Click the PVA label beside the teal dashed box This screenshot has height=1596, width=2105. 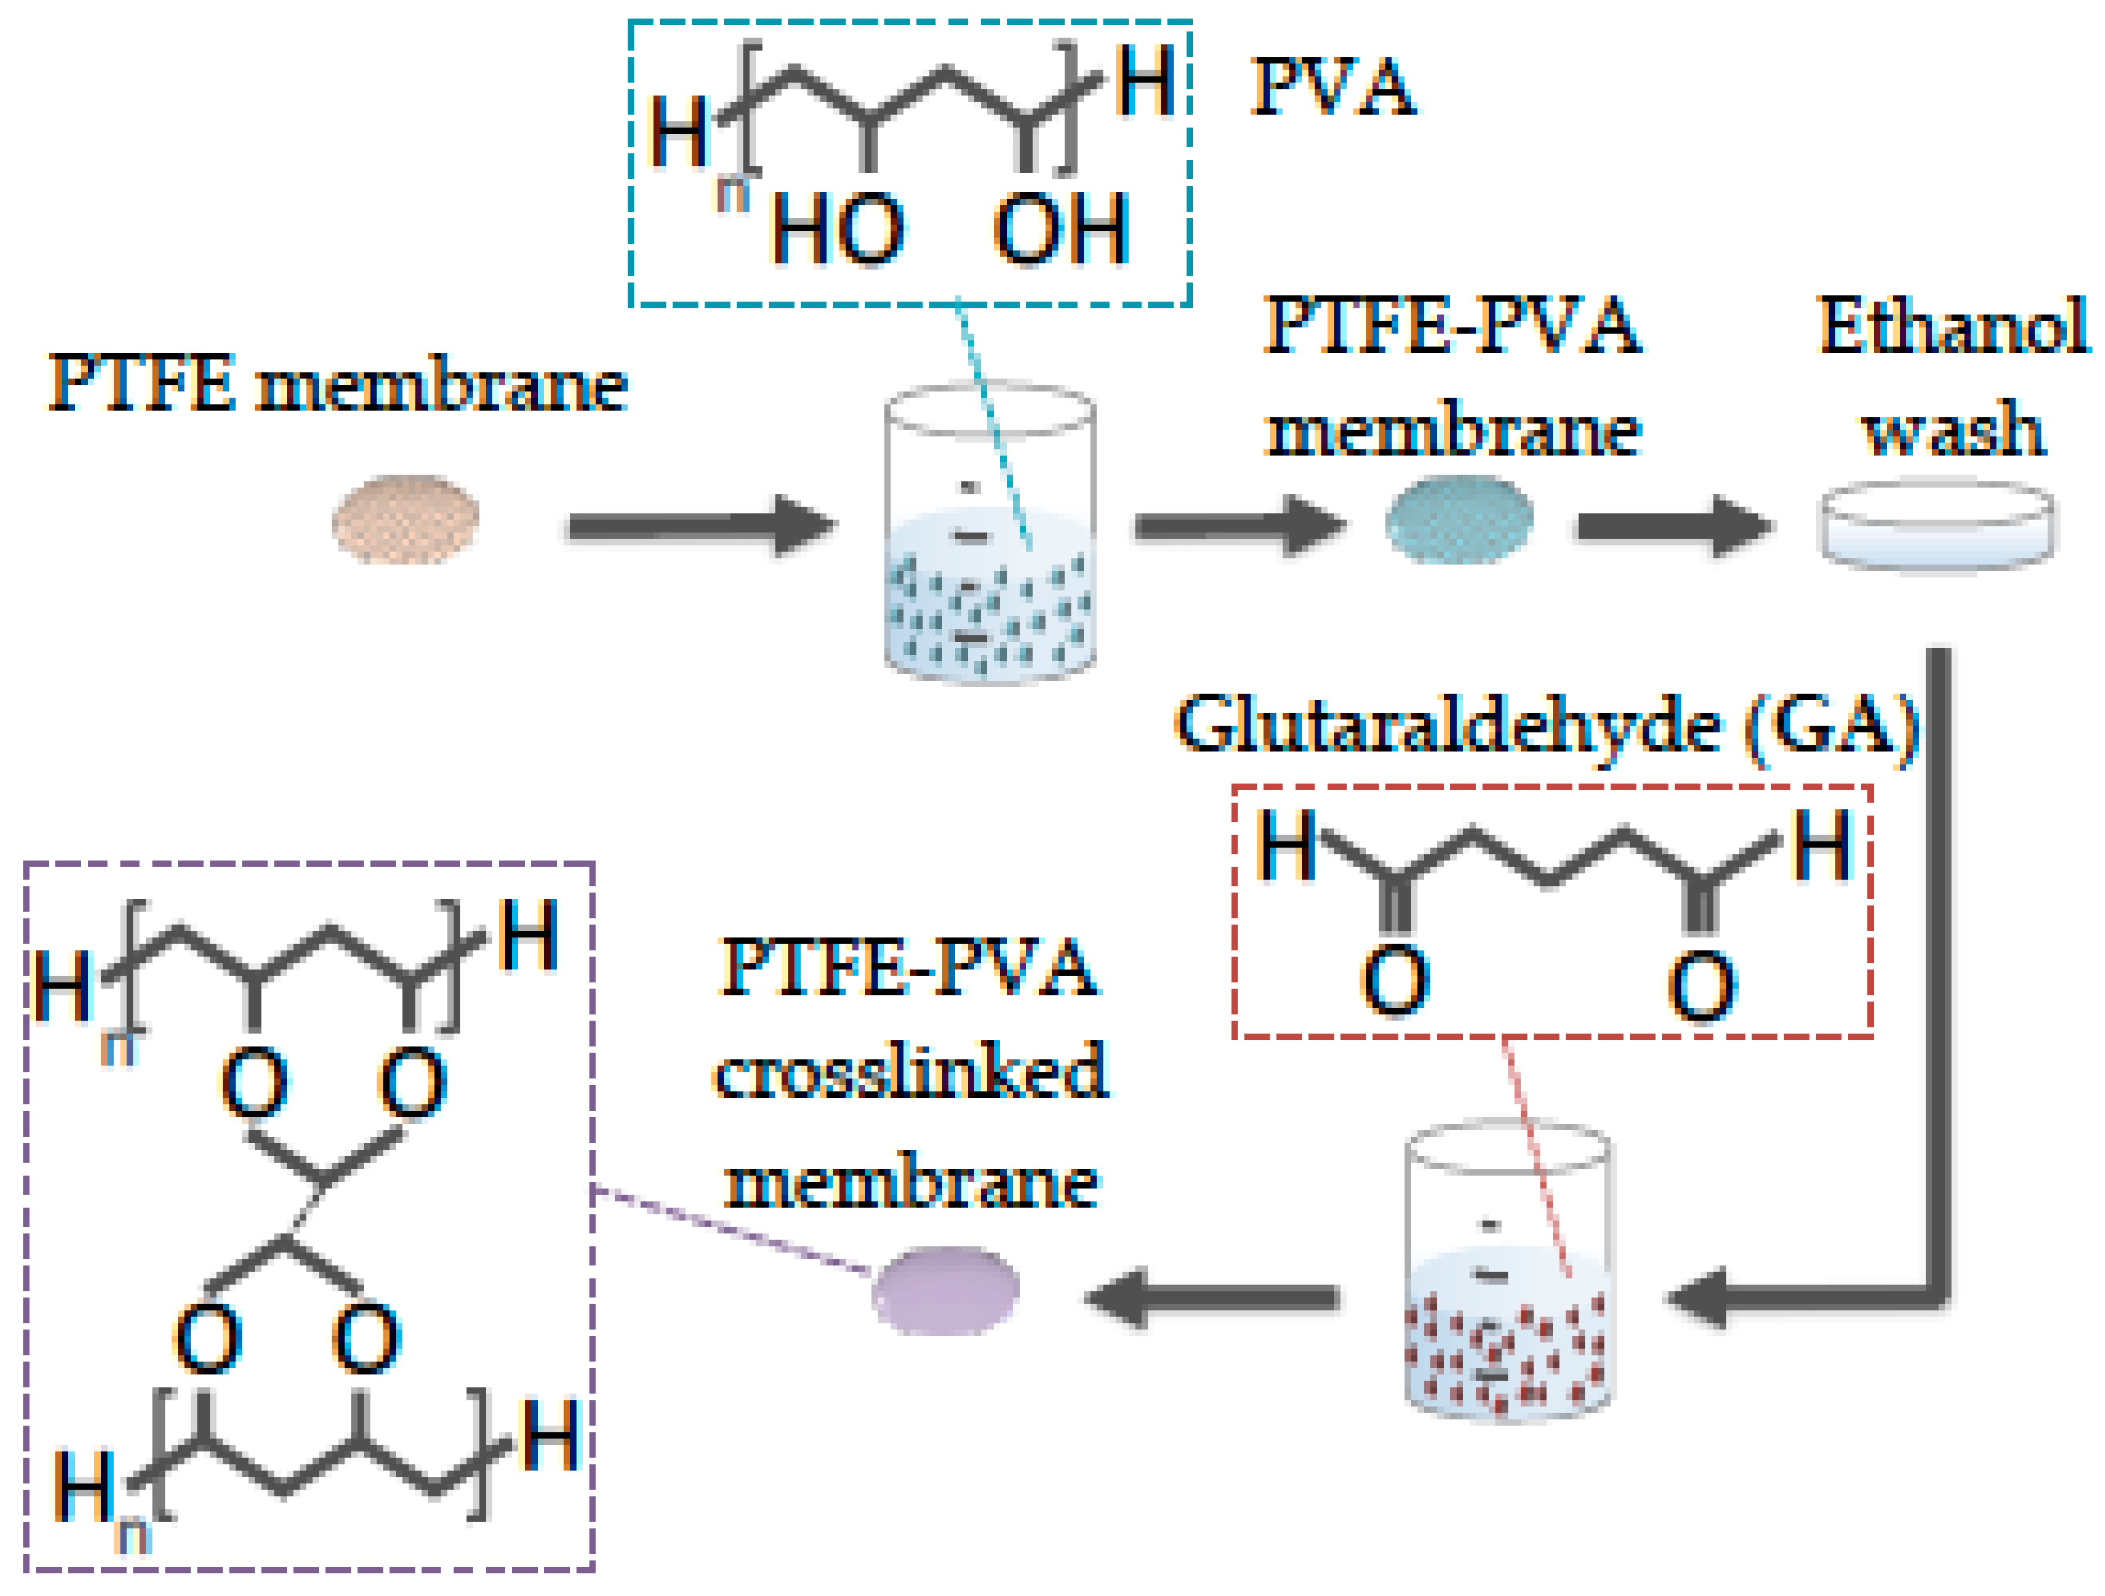click(1333, 88)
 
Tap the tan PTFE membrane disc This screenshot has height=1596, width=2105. click(406, 519)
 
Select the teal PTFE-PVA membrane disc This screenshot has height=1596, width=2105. click(1459, 520)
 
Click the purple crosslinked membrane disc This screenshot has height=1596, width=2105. click(945, 1291)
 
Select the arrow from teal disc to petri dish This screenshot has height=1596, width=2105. click(1675, 525)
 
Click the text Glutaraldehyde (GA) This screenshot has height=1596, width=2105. click(1547, 726)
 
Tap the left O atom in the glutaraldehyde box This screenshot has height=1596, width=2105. click(1396, 981)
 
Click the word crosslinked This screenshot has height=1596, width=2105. click(910, 1072)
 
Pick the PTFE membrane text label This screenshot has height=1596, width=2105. click(338, 383)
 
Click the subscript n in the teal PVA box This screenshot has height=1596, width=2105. click(732, 194)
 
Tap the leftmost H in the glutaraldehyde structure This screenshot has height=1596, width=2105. click(1287, 845)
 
